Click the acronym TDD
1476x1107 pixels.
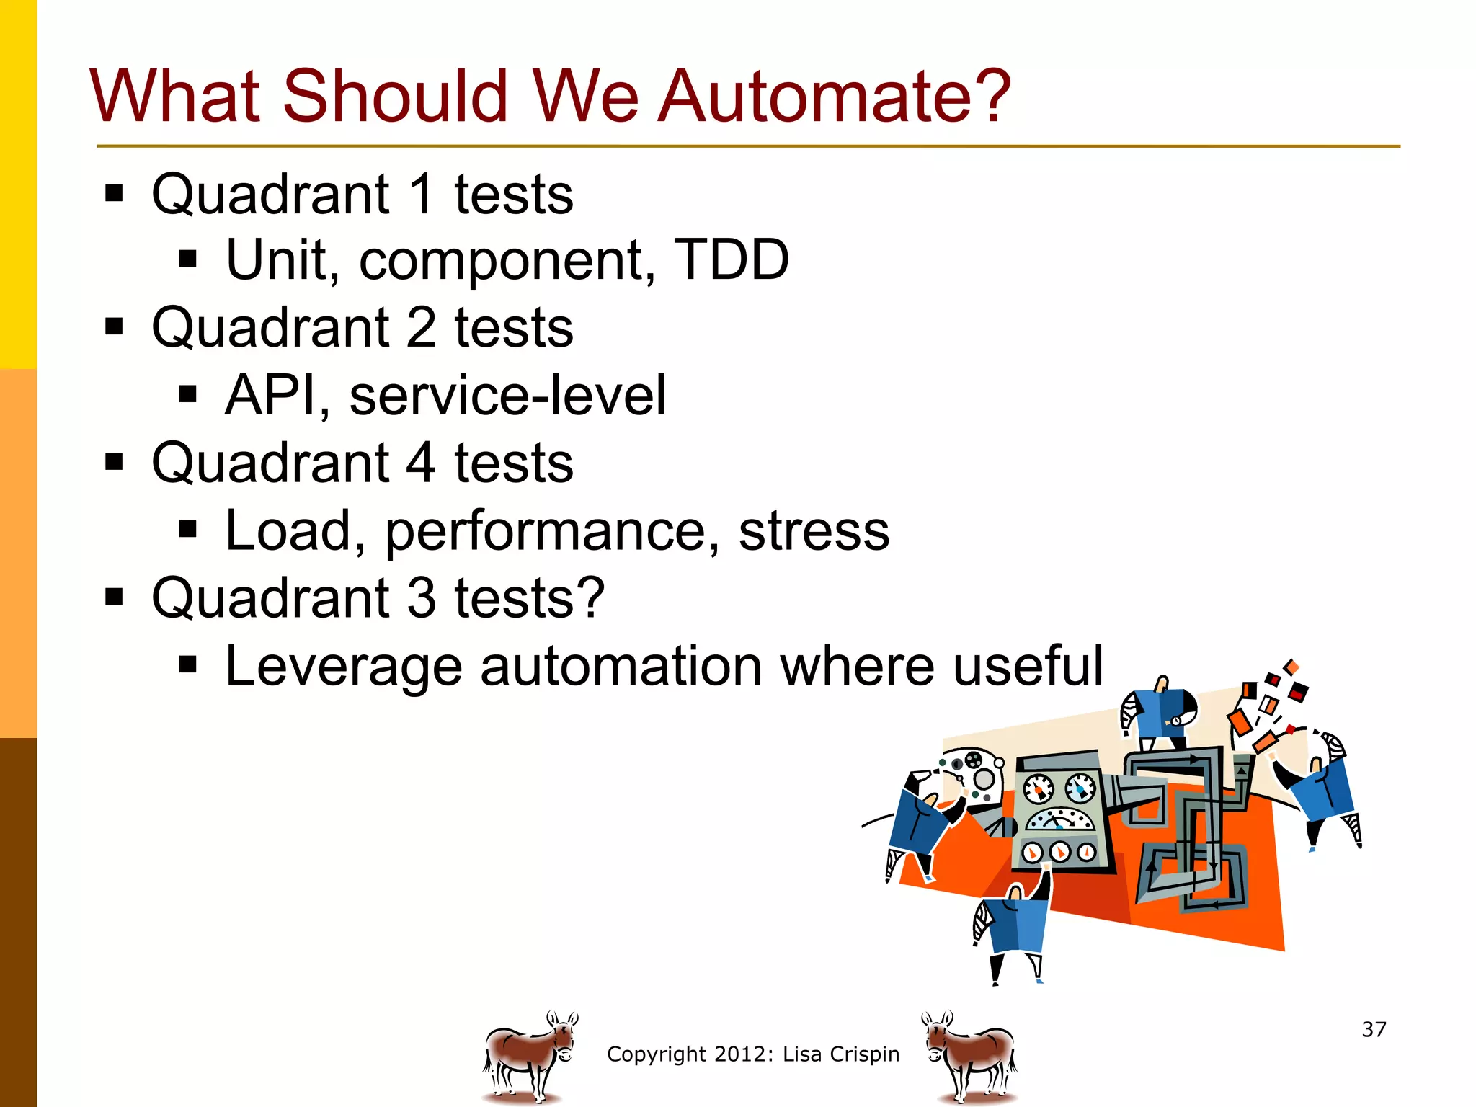(731, 260)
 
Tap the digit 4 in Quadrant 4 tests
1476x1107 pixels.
(421, 463)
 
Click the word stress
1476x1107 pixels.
(814, 531)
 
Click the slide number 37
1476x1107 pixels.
(1374, 1029)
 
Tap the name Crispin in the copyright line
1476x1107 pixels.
(865, 1054)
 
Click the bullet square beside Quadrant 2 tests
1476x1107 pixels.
(114, 327)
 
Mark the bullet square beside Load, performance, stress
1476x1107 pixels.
(188, 530)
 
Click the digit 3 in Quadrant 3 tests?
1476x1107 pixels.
(421, 598)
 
